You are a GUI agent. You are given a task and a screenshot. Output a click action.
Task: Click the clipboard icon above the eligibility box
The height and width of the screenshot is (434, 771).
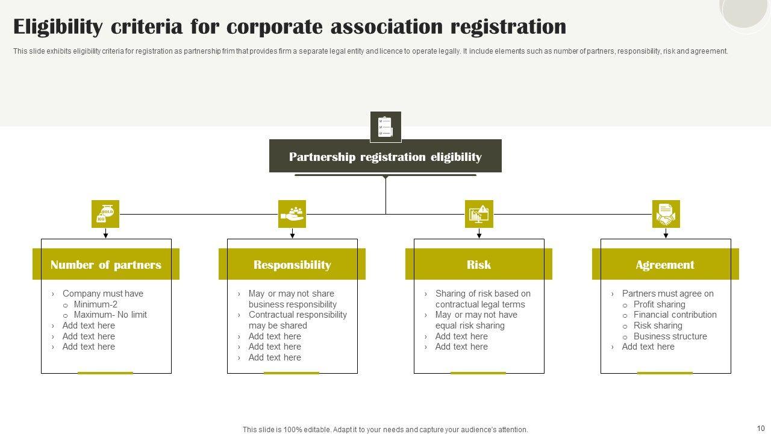pos(385,127)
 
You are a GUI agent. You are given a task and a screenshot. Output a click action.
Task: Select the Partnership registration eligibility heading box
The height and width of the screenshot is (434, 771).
pos(385,157)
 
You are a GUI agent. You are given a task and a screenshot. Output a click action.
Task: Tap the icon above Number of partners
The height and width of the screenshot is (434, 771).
pos(105,214)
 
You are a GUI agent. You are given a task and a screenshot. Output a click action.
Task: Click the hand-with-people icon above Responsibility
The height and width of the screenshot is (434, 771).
pos(292,214)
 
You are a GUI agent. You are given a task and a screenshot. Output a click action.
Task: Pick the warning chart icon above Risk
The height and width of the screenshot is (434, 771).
pos(479,214)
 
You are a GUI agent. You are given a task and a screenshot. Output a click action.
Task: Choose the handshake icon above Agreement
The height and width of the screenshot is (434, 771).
pos(666,214)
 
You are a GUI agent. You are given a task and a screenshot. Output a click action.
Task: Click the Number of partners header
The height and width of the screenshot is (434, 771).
pos(106,265)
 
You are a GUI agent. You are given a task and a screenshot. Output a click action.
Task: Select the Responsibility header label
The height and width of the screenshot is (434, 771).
pos(292,265)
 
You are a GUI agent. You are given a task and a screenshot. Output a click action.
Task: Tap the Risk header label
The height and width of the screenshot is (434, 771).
pos(479,265)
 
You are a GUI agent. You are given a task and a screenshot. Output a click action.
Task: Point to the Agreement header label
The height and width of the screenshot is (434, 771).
pos(665,265)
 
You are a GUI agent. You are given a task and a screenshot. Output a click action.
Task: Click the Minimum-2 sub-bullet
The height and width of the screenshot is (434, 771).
pos(95,304)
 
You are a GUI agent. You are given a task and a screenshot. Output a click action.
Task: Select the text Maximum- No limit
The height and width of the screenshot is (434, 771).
pos(110,315)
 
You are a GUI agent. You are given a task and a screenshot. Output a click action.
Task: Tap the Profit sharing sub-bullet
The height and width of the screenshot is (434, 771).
pos(659,304)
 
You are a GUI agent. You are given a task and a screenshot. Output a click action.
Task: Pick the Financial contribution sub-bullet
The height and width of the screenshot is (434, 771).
pos(675,315)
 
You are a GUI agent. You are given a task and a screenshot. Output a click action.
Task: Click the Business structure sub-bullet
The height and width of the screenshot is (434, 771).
pos(670,336)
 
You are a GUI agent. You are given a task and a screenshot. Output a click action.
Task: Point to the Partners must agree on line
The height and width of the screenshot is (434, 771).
pos(667,294)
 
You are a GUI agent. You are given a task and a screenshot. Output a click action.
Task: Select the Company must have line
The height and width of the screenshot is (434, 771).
pos(102,294)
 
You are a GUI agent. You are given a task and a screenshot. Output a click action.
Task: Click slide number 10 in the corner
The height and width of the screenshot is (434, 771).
pos(760,427)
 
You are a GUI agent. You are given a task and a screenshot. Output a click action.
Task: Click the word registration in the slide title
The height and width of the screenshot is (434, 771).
pos(508,27)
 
